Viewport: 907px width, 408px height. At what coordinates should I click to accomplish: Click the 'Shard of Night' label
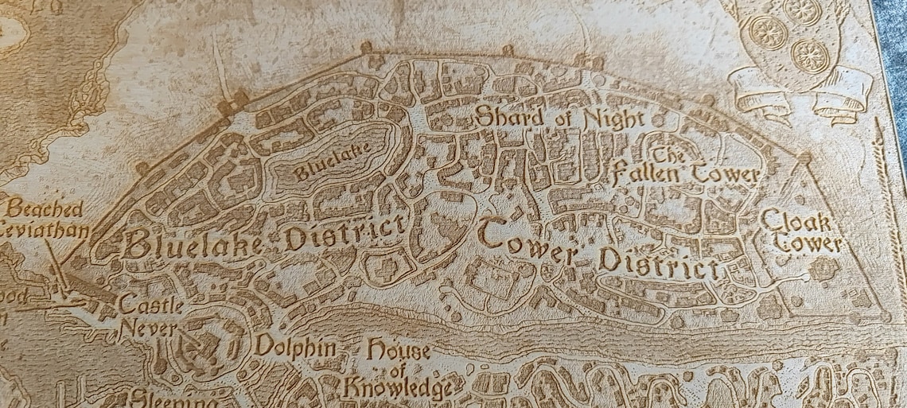point(559,119)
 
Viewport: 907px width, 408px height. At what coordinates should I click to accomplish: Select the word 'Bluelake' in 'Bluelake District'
point(192,243)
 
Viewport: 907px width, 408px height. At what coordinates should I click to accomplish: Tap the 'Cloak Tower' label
point(799,231)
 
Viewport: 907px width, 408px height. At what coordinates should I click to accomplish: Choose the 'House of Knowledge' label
point(398,370)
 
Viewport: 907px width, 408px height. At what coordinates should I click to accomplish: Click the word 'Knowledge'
point(398,389)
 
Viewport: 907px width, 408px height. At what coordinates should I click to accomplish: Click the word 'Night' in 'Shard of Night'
point(611,119)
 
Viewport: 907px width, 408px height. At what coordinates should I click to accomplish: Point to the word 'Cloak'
point(796,220)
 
